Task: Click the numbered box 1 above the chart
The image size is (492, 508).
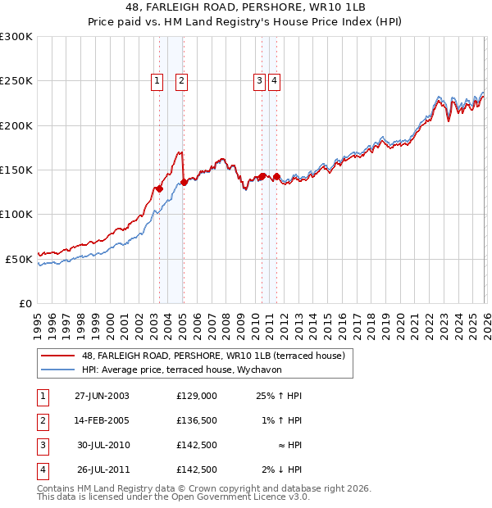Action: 156,80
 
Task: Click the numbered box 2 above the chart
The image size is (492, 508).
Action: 180,80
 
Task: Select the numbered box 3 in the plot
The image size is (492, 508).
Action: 258,80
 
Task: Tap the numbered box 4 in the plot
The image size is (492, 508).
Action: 274,80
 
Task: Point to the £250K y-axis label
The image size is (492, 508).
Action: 16,81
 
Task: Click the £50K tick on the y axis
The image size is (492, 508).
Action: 19,259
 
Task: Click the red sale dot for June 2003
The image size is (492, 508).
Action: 159,189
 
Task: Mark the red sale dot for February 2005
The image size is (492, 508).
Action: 183,183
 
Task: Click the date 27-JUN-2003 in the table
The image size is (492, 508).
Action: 102,396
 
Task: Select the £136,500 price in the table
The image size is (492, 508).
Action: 197,420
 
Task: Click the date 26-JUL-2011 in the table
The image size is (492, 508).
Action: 102,469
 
